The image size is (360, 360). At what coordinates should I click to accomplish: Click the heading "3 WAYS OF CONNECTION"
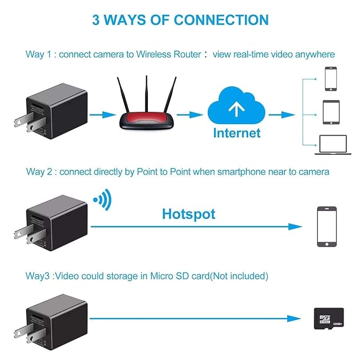pos(180,20)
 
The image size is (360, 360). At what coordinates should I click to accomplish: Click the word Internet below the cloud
pos(236,133)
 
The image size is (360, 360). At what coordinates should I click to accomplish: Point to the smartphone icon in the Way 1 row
pos(330,78)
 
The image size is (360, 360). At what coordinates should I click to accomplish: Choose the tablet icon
pos(330,112)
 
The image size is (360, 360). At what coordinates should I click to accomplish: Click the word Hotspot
pos(188,214)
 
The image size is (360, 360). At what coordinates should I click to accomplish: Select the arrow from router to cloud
pos(189,114)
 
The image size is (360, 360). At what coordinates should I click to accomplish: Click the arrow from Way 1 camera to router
pos(102,114)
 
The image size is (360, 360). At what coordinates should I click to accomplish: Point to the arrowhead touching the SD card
pos(296,319)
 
